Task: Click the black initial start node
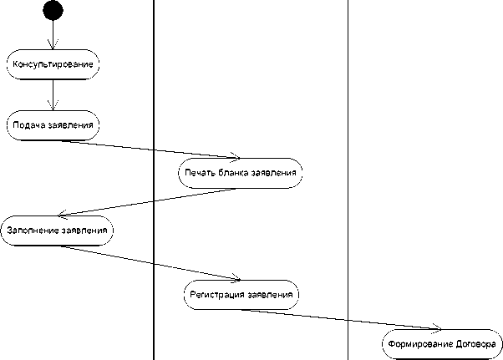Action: coord(53,10)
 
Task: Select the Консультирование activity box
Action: coord(53,63)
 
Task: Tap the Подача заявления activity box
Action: coord(53,125)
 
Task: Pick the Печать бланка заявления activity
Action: coord(239,174)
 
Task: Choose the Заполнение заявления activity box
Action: coord(57,230)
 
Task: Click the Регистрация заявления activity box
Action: coord(241,295)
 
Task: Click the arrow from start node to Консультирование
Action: coord(53,35)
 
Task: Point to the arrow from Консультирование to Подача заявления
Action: coord(53,94)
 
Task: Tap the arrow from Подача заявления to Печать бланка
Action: coord(146,148)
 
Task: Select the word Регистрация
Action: coord(217,295)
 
